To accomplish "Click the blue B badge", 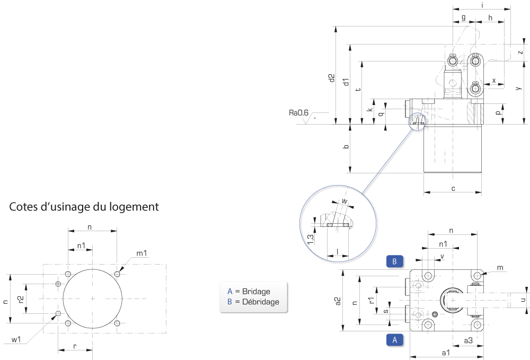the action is (394, 261).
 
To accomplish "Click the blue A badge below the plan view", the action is (394, 340).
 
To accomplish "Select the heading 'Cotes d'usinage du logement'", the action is (84, 207).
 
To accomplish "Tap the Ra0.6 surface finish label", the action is (298, 112).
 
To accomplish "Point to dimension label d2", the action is (332, 78).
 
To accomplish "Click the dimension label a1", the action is (446, 353).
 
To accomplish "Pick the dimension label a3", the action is (468, 340).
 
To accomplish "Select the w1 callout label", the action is (16, 339).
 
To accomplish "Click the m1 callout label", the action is (142, 253).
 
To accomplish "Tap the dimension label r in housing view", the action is (75, 346).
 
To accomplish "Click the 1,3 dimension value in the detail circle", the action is (311, 239).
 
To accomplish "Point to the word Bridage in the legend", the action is (256, 292).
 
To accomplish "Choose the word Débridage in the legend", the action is (261, 302).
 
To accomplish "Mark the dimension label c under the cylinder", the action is (453, 189).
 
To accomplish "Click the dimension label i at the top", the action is (482, 5).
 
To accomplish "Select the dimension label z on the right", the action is (520, 52).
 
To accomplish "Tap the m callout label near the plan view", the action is (500, 268).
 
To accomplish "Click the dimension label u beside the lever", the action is (523, 300).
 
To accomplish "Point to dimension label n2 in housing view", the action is (20, 299).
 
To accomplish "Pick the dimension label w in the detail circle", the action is (344, 201).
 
